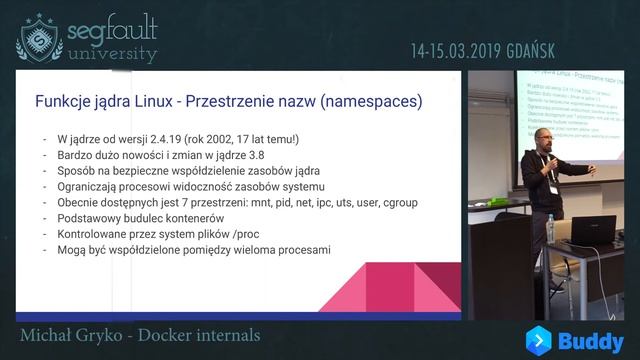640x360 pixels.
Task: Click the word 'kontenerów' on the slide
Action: tap(189, 219)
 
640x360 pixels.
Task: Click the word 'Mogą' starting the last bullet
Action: tap(73, 251)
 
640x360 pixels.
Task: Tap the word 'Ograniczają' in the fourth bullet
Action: tap(88, 187)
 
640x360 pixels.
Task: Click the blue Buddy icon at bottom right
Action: tap(542, 340)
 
